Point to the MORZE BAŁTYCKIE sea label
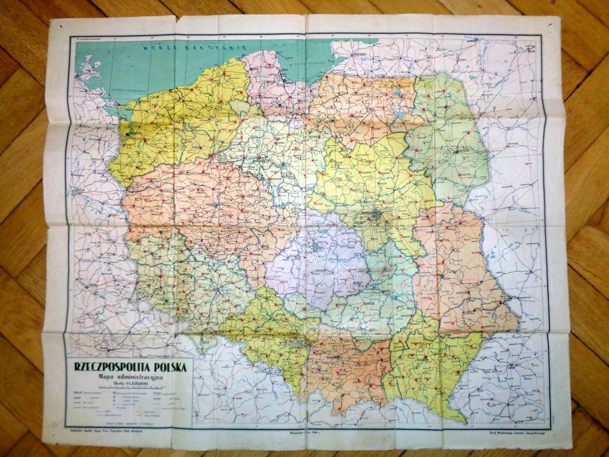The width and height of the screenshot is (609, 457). click(169, 46)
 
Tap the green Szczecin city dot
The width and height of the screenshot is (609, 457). click(127, 134)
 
